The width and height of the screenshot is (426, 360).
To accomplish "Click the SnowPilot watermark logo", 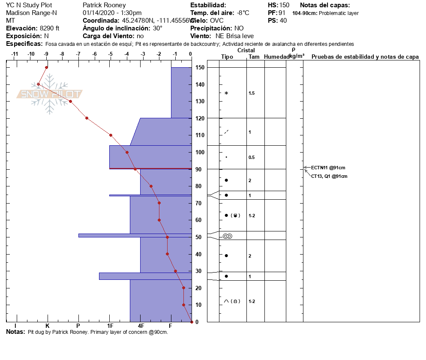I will [50, 94].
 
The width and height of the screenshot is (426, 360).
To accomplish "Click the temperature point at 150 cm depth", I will [47, 67].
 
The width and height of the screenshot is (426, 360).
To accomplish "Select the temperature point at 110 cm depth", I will [111, 135].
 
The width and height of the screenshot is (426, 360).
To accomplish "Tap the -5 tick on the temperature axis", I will [111, 54].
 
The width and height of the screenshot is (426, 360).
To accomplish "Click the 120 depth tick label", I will [199, 118].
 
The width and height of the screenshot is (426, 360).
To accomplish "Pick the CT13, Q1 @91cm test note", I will [329, 176].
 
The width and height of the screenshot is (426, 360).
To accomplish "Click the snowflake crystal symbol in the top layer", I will [226, 93].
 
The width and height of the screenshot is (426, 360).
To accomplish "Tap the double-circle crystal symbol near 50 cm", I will [227, 236].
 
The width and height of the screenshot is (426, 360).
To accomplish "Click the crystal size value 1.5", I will [252, 93].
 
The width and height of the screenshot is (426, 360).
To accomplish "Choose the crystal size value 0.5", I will [252, 157].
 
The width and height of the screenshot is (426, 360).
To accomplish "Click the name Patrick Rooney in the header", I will [104, 5].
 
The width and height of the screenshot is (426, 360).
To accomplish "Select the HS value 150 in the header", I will [284, 5].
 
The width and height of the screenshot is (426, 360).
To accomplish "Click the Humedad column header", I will [275, 57].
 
